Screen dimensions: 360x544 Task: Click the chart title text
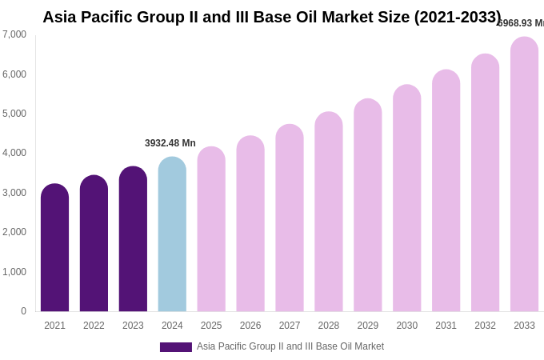tap(272, 17)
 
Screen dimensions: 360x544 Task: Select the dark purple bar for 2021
tap(54, 248)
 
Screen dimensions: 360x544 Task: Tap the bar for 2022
tap(94, 244)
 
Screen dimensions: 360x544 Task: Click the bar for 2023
tap(133, 239)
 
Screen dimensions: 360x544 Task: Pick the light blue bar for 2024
tap(172, 234)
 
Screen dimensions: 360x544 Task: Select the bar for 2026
tap(250, 224)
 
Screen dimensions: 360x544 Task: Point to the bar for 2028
tap(328, 212)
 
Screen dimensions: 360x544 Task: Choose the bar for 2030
tap(406, 198)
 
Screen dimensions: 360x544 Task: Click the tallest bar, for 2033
tap(524, 174)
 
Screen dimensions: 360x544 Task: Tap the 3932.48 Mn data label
tap(170, 143)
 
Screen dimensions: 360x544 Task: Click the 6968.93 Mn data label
tap(521, 23)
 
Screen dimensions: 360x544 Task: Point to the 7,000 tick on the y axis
tap(14, 34)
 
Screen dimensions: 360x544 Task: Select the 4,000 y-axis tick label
tap(14, 153)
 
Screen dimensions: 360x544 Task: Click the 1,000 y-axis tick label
tap(14, 272)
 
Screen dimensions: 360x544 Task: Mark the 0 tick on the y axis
tap(23, 311)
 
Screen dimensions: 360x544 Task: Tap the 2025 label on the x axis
tap(211, 326)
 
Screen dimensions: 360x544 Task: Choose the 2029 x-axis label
tap(367, 326)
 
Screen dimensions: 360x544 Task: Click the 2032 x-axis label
tap(485, 326)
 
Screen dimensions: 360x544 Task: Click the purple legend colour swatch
tap(176, 347)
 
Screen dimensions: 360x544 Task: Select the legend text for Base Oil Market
tap(290, 346)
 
